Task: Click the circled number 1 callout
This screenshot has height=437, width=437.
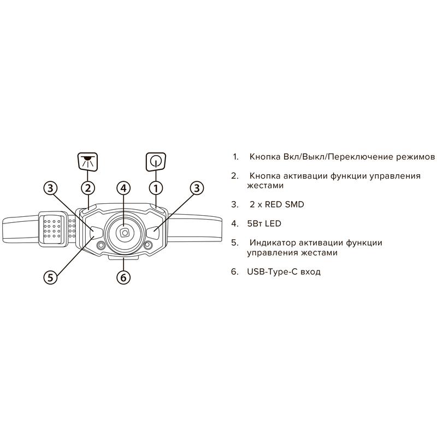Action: click(156, 188)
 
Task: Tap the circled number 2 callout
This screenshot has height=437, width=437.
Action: click(88, 188)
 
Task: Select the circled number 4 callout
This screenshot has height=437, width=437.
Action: click(123, 188)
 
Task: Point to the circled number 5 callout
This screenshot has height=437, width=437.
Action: click(50, 277)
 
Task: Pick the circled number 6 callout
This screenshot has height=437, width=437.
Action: click(123, 277)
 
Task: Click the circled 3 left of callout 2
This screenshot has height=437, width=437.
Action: click(50, 188)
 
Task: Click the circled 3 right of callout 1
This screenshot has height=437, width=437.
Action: click(197, 188)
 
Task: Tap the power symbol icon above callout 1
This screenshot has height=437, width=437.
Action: click(156, 162)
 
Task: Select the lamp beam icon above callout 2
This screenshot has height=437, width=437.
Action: click(87, 161)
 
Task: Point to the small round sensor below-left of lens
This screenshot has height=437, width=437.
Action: click(101, 245)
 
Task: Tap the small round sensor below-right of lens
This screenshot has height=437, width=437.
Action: click(148, 245)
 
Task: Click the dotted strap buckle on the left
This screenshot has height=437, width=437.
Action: click(53, 228)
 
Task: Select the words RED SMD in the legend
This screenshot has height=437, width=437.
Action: click(284, 204)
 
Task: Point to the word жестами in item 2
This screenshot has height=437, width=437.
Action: click(265, 186)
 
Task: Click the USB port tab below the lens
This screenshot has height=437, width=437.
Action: click(123, 258)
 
